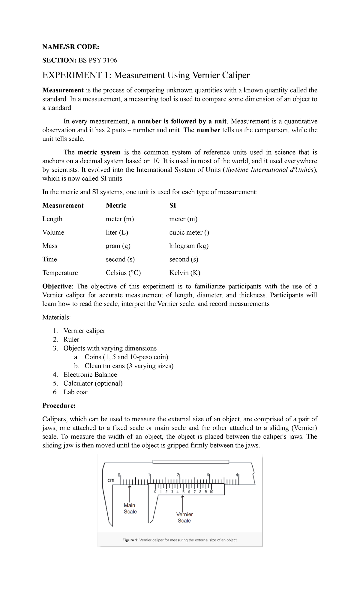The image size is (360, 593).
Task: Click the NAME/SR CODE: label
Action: pyautogui.click(x=70, y=47)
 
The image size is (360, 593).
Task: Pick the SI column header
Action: pyautogui.click(x=172, y=206)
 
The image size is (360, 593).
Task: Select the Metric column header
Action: pyautogui.click(x=116, y=206)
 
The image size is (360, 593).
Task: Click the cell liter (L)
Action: pyautogui.click(x=117, y=233)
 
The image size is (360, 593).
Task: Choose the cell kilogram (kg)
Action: pyautogui.click(x=189, y=246)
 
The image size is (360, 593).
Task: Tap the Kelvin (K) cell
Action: pyautogui.click(x=184, y=273)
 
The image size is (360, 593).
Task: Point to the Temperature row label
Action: pyautogui.click(x=60, y=273)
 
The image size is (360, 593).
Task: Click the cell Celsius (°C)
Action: pyautogui.click(x=123, y=273)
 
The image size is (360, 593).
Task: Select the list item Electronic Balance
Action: pyautogui.click(x=90, y=375)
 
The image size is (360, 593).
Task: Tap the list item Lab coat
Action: pyautogui.click(x=76, y=392)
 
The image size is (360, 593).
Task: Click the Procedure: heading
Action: pyautogui.click(x=59, y=406)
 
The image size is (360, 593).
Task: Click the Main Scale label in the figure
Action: pyautogui.click(x=130, y=508)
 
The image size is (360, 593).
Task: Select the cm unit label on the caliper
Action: pyautogui.click(x=111, y=480)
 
